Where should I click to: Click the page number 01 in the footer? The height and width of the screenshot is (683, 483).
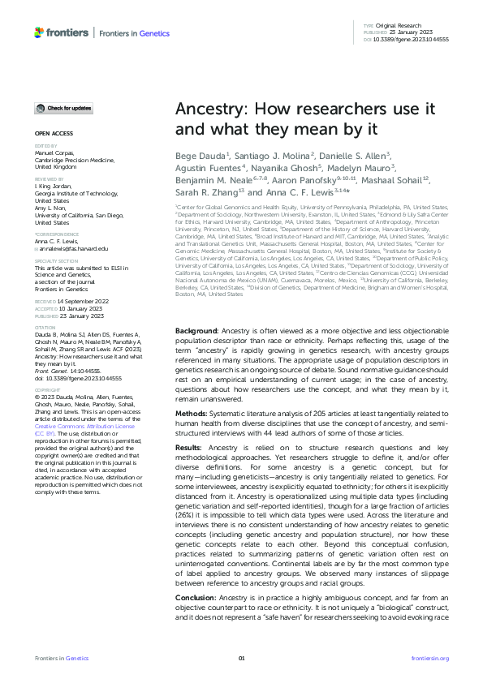(241, 658)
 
